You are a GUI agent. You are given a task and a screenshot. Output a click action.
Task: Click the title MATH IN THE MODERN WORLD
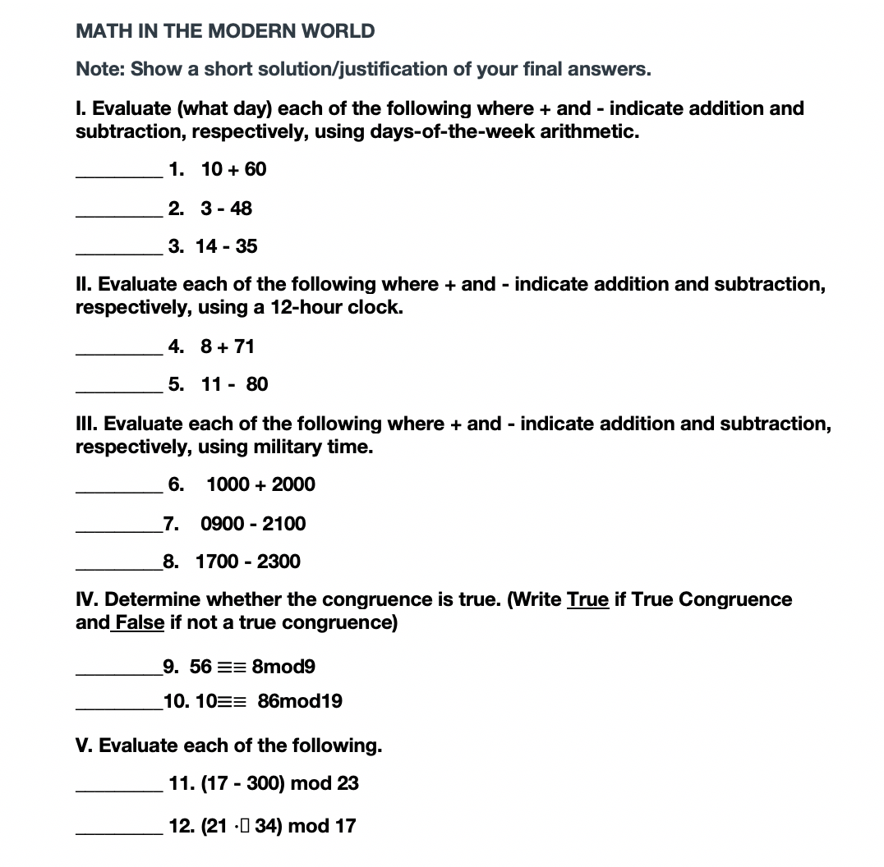(x=225, y=31)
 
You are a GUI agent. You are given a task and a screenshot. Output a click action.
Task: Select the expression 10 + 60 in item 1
(x=233, y=169)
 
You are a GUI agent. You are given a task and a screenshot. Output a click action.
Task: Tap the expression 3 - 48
(x=226, y=209)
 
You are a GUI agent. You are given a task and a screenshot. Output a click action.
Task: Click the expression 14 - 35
(x=226, y=246)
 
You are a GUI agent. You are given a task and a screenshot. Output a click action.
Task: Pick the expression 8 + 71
(x=228, y=346)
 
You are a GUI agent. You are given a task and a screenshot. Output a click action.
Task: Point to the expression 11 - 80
(x=234, y=384)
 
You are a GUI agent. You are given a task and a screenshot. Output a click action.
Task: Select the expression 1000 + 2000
(x=260, y=484)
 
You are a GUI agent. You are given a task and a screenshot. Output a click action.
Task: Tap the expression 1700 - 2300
(x=247, y=562)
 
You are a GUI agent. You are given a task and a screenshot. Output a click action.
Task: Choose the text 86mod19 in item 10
(x=300, y=701)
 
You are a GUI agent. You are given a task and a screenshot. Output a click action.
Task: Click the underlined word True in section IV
(x=587, y=599)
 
